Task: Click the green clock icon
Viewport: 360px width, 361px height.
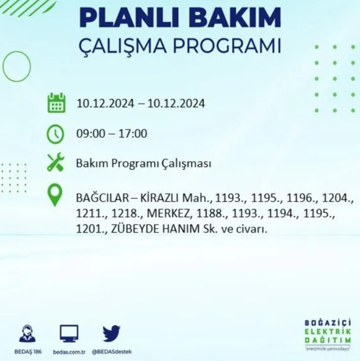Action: click(56, 133)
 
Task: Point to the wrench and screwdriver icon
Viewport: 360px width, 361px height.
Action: click(56, 163)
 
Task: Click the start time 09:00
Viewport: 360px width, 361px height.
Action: click(88, 133)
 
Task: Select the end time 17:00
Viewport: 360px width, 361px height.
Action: click(135, 133)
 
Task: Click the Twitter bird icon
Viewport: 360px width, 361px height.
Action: click(112, 334)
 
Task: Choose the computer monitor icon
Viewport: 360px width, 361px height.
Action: click(69, 334)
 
